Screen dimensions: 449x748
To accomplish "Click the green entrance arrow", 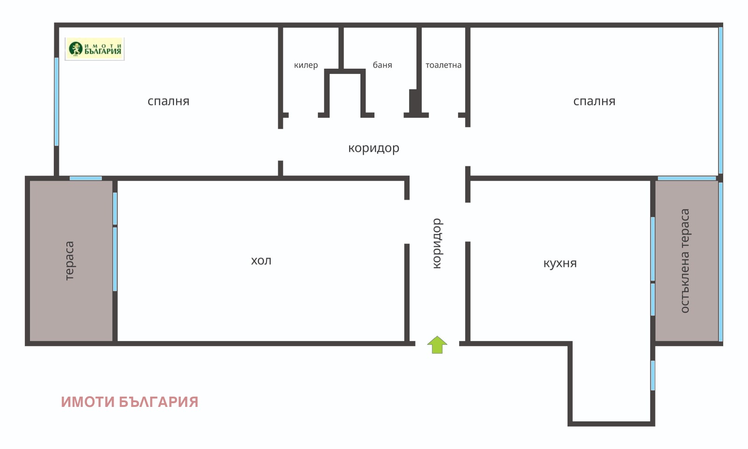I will (437, 345).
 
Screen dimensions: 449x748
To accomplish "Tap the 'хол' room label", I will (261, 261).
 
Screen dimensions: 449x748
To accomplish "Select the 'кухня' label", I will (560, 263).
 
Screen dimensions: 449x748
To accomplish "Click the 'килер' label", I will (306, 65).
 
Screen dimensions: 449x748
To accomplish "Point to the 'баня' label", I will (382, 65).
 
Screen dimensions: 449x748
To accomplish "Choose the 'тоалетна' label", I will (443, 65).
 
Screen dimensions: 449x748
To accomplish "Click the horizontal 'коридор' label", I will (374, 148).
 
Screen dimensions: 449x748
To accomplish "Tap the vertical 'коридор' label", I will (436, 244).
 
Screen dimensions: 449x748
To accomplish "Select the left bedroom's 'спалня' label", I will (168, 101).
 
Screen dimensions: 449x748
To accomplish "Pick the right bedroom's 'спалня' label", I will (594, 101).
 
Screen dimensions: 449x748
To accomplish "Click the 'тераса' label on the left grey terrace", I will (69, 261).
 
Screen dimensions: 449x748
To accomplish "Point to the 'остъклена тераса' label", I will (685, 261).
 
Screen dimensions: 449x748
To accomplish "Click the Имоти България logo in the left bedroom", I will (95, 49).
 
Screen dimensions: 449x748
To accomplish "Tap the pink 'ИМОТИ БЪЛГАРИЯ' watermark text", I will (129, 402).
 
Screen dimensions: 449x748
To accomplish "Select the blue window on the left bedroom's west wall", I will (57, 101).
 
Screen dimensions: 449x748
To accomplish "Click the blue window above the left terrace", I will (86, 178).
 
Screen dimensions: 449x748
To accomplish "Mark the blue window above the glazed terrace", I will (686, 178).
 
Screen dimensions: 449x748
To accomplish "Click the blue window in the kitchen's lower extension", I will (653, 375).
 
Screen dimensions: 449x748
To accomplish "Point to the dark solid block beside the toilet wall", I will (413, 101).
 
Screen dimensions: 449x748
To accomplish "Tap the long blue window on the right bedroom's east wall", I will (720, 101).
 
